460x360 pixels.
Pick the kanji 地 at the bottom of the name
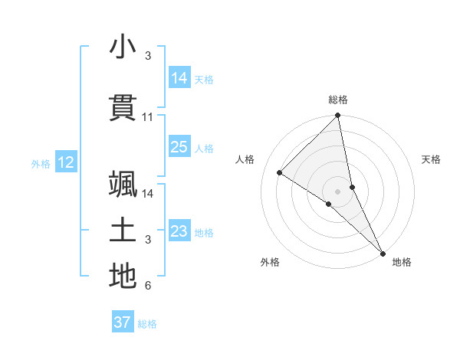point(123,276)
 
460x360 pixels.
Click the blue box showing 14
point(179,78)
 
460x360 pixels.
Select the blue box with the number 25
point(179,147)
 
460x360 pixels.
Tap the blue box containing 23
point(179,231)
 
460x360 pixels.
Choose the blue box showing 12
point(65,162)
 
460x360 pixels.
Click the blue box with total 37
point(123,322)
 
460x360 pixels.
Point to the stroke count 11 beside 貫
point(148,117)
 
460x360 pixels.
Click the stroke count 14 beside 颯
point(148,194)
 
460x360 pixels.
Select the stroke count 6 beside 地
point(148,286)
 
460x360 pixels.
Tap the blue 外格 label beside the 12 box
point(41,163)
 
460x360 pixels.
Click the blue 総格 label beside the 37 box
point(147,324)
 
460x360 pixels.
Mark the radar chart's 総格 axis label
point(338,100)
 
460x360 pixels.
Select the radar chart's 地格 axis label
point(402,263)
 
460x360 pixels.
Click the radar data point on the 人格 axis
point(280,173)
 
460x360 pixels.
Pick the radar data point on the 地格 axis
point(383,252)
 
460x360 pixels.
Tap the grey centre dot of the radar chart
point(338,191)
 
